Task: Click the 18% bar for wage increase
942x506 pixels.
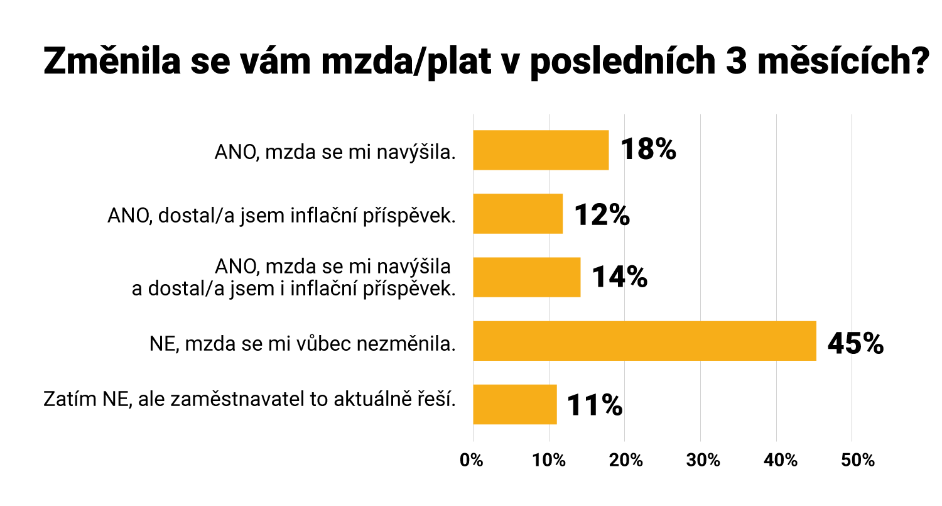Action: point(541,150)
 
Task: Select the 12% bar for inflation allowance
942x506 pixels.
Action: point(517,214)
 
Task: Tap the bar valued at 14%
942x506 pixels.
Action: point(526,277)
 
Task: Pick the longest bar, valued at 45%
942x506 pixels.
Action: point(644,341)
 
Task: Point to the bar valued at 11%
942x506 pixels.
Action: point(515,404)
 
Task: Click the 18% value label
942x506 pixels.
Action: point(647,150)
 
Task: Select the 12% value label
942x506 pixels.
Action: point(601,214)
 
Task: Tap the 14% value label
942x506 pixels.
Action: point(619,277)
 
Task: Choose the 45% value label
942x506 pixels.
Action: point(855,343)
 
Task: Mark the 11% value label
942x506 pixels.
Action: point(594,405)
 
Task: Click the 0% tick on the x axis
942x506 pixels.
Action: point(472,459)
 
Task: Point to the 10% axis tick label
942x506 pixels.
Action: point(549,459)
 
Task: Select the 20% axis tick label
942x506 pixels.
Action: point(625,459)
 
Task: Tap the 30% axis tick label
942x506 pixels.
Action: point(701,459)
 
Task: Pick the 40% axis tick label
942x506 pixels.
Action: point(777,459)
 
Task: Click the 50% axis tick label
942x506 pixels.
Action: point(853,459)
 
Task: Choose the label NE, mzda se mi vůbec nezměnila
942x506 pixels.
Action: point(302,343)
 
